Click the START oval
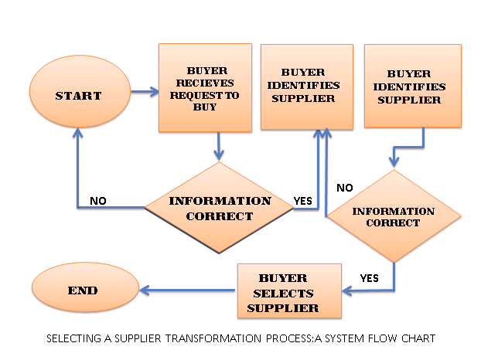(x=78, y=96)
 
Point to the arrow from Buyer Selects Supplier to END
(x=189, y=290)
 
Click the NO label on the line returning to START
(x=98, y=201)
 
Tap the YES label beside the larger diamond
(x=303, y=202)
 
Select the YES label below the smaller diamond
(x=370, y=277)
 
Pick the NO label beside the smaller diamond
(x=345, y=188)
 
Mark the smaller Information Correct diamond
(x=393, y=217)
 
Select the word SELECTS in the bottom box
(x=283, y=293)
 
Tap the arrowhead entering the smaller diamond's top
(x=394, y=162)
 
